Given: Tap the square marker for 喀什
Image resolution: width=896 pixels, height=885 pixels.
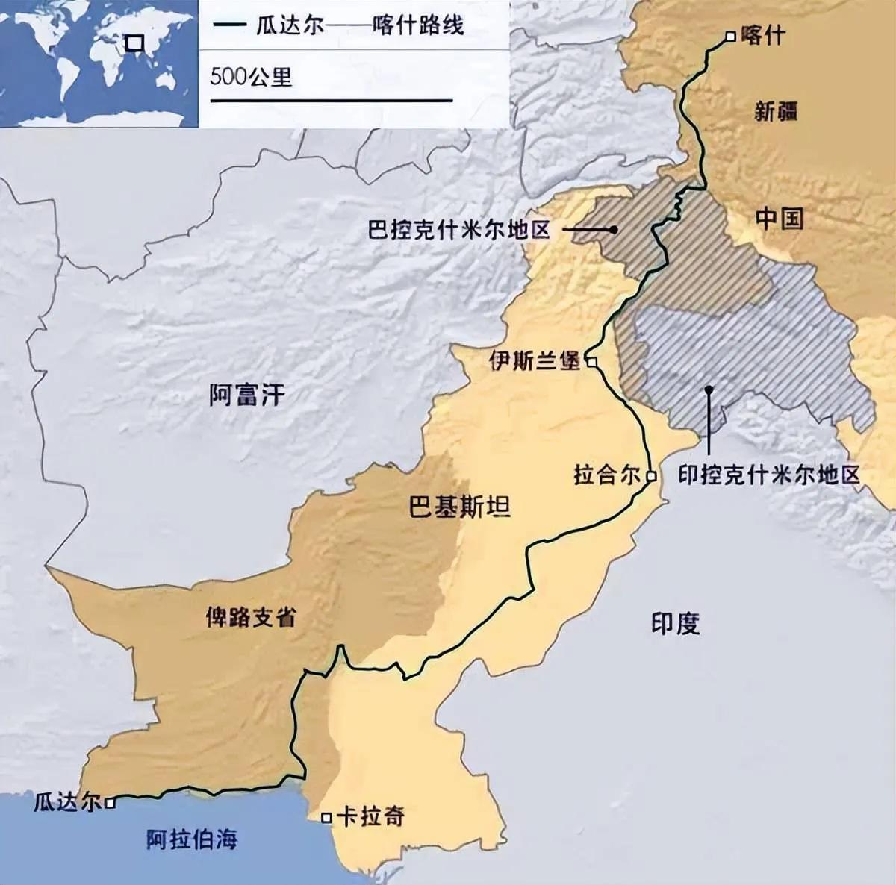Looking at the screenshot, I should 730,36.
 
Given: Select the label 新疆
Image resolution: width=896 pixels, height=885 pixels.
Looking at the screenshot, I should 776,112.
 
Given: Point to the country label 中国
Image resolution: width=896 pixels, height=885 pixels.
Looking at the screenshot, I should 779,219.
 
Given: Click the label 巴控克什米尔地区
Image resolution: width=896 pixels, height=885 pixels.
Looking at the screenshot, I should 458,229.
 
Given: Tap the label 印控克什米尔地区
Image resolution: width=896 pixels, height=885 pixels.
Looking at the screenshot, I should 769,475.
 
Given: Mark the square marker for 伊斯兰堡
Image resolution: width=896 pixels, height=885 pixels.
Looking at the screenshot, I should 591,362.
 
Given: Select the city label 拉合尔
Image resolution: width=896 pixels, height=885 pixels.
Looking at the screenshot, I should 607,475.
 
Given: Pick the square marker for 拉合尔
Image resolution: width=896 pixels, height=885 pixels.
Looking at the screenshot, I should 651,475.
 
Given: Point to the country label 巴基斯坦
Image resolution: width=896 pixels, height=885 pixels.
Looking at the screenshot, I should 459,507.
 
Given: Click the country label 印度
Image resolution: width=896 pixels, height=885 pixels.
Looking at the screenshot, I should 675,624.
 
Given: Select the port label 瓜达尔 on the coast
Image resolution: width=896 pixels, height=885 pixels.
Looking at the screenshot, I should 66,803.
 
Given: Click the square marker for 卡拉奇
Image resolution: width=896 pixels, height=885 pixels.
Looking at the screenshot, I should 326,818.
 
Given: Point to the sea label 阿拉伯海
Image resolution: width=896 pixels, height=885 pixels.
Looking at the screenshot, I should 192,839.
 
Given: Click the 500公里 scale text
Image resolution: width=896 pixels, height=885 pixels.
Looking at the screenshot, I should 251,76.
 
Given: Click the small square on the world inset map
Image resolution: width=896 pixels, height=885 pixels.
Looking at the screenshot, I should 134,43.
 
